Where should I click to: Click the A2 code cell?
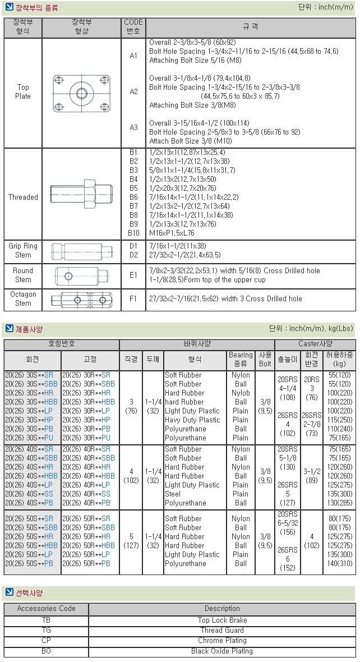point(133,91)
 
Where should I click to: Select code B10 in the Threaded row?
point(133,233)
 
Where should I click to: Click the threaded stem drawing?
point(82,197)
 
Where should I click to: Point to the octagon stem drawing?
point(82,300)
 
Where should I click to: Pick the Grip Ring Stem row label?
point(23,250)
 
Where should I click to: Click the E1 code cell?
point(133,275)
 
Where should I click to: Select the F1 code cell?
point(133,298)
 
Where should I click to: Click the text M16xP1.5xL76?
point(172,233)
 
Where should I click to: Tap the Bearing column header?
point(241,359)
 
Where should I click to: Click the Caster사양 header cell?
point(315,344)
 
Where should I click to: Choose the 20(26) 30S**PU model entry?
point(30,438)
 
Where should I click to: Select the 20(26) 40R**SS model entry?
point(86,494)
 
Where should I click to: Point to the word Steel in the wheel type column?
point(173,494)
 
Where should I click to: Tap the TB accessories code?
point(46,620)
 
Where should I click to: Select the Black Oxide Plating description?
point(222,651)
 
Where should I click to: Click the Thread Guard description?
point(222,630)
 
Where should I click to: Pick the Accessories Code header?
point(46,608)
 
